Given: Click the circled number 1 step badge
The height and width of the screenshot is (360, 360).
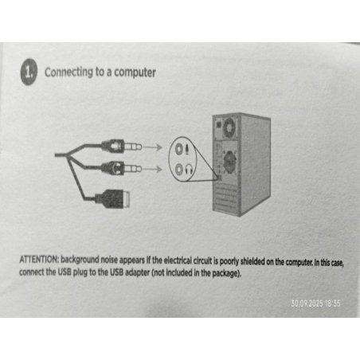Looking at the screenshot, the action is (x=29, y=72).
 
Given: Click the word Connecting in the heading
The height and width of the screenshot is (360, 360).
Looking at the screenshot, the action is (x=68, y=72).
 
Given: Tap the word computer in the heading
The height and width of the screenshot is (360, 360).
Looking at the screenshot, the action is (x=135, y=72).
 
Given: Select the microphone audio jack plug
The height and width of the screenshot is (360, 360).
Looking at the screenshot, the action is (x=122, y=147).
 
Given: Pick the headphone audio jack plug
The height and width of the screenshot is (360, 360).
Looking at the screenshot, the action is (x=122, y=168).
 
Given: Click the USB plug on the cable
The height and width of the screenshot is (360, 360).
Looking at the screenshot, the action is (x=113, y=198).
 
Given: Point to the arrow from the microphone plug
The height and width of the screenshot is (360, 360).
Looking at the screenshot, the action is (x=153, y=147).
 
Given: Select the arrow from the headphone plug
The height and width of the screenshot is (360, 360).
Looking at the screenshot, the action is (x=153, y=169).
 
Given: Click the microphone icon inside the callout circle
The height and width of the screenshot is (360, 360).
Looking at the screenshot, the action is (x=187, y=149).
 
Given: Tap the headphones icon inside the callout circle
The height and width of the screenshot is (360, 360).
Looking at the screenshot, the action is (x=189, y=169).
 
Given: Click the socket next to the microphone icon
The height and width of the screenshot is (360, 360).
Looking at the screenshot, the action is (x=179, y=149).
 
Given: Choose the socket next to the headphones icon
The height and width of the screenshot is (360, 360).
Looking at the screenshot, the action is (x=179, y=169).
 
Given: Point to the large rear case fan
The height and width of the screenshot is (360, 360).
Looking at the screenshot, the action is (x=229, y=160).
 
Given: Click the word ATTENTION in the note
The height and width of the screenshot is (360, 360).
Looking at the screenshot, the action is (x=39, y=260).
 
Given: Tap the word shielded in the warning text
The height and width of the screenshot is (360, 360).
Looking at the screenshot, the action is (x=252, y=262).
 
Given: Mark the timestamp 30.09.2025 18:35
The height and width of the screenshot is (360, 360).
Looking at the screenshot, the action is (x=315, y=303).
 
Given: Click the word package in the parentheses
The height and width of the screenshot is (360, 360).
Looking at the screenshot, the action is (x=225, y=273).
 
